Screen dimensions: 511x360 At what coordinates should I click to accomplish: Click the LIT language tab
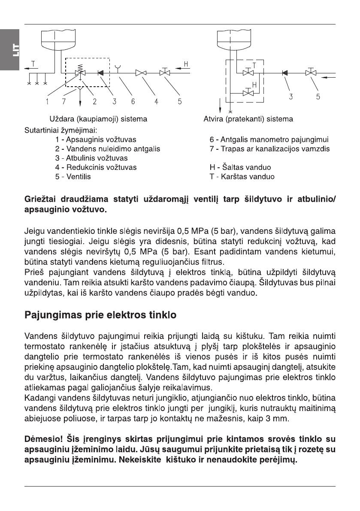9,51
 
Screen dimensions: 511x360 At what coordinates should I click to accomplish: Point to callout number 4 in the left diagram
157,102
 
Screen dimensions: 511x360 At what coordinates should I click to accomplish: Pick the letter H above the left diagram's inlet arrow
186,64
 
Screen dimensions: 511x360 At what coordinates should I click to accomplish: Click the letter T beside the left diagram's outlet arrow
33,64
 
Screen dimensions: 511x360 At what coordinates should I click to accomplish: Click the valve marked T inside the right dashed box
248,73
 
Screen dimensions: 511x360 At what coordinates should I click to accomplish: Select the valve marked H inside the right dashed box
248,93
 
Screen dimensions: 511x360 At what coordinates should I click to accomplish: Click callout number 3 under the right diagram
291,97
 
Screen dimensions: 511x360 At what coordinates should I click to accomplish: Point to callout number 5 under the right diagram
318,97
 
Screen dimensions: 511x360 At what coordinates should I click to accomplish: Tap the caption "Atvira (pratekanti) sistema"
248,119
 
